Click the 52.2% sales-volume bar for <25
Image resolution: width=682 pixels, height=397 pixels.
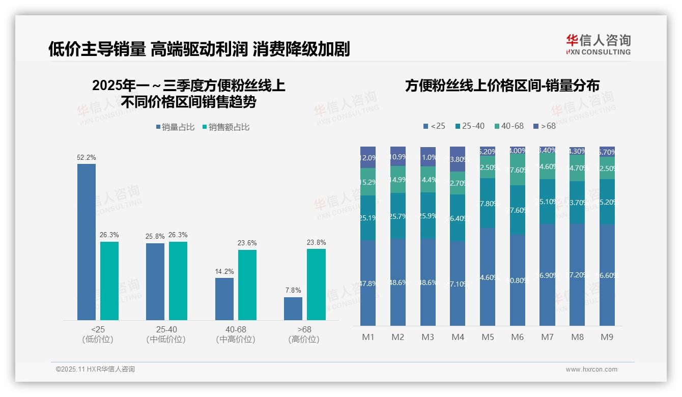[x=87, y=242]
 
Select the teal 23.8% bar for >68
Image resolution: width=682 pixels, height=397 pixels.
[x=316, y=284]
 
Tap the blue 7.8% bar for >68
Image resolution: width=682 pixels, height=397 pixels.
[x=293, y=308]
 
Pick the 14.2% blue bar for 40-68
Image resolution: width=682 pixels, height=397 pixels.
[x=224, y=299]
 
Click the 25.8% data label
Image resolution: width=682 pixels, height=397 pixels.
[x=155, y=237]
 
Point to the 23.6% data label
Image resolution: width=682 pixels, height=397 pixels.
[x=247, y=243]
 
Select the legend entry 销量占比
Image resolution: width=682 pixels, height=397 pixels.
[x=175, y=127]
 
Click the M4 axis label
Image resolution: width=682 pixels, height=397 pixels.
[x=458, y=337]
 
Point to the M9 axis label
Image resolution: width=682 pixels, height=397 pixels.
[x=607, y=337]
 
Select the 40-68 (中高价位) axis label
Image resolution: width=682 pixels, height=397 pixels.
[x=235, y=334]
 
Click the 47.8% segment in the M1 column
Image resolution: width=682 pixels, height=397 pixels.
[x=368, y=283]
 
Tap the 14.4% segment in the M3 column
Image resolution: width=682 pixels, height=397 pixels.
[x=428, y=179]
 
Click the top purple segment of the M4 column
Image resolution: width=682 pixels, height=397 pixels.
[x=458, y=159]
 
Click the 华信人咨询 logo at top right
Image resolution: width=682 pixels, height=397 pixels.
[x=598, y=44]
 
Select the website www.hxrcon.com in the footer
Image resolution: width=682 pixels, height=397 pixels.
[x=591, y=370]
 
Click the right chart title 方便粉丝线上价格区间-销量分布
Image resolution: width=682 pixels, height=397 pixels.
[x=502, y=86]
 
